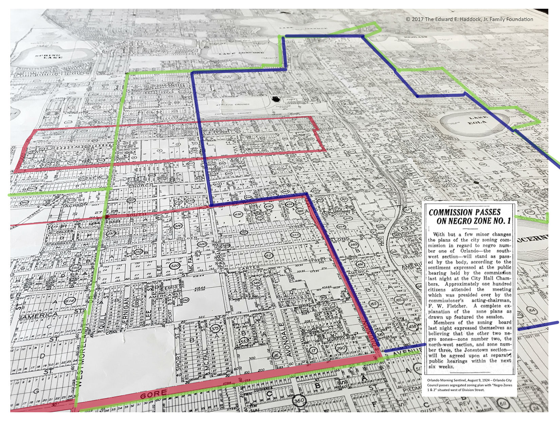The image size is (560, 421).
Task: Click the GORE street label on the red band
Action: point(153,395)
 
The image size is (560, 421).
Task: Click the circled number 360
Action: point(300,401)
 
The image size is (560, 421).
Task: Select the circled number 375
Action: point(215,329)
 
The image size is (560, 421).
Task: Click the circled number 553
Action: point(244,341)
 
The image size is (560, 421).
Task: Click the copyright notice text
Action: point(469,19)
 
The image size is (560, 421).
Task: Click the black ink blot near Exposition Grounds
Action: point(276,99)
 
